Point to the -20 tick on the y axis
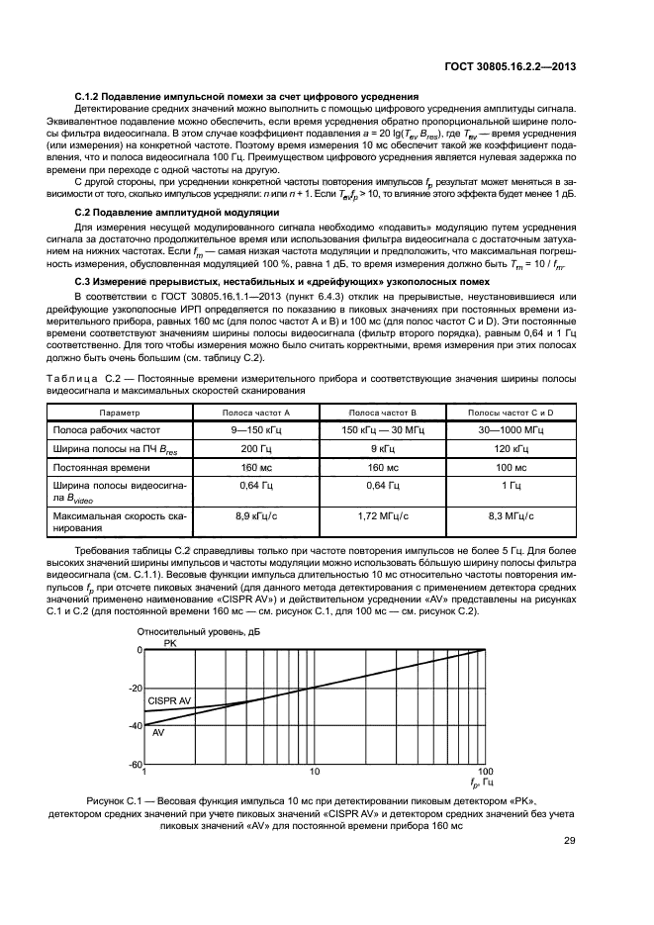pos(134,689)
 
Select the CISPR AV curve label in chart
pos(169,700)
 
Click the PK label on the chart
pos(169,643)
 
